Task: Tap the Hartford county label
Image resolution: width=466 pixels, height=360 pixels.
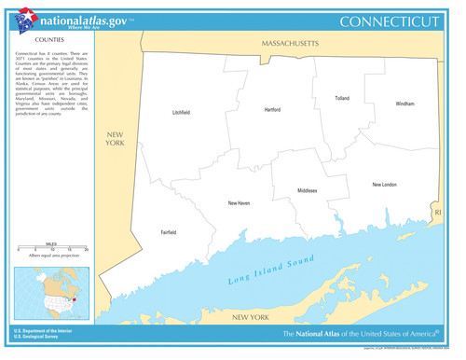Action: click(272, 109)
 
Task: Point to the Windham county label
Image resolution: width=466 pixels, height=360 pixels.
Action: click(404, 104)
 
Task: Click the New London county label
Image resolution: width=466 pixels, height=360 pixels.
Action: click(384, 185)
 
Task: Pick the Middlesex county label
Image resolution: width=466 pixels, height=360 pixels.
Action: click(308, 190)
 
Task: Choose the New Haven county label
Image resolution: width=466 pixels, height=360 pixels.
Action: click(239, 202)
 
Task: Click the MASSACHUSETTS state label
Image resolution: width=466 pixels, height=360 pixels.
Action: click(290, 44)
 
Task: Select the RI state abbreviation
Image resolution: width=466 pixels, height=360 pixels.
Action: click(438, 213)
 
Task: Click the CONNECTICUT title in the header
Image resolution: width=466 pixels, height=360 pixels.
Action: click(389, 21)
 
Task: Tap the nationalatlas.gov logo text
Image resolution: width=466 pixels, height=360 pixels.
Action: click(85, 20)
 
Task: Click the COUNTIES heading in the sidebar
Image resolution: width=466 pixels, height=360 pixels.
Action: click(49, 42)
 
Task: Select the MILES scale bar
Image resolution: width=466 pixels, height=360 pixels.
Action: click(51, 249)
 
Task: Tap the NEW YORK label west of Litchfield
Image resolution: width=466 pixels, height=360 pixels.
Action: click(115, 139)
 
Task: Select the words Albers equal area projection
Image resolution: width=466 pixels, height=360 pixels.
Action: click(51, 256)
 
